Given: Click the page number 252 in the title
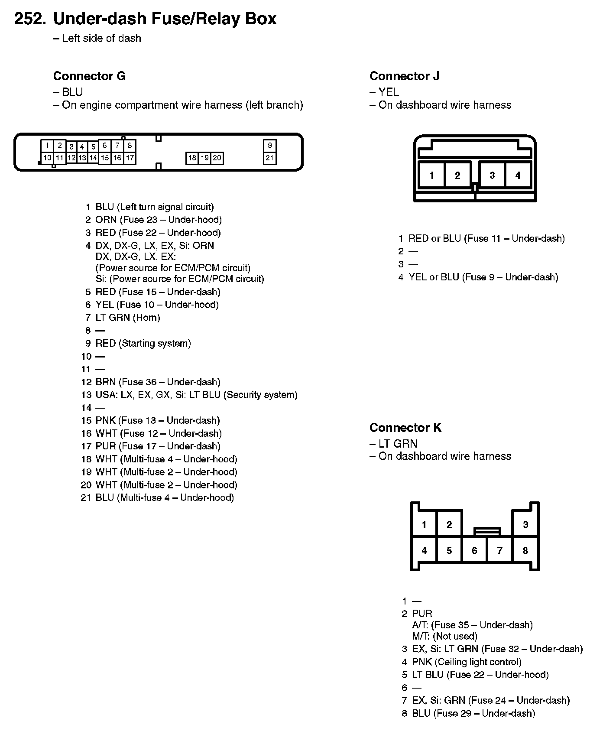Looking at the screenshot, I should (x=30, y=19).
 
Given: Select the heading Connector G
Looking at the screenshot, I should (x=89, y=76).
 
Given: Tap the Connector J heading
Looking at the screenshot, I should (x=404, y=76).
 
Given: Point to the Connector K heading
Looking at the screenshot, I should (x=405, y=428).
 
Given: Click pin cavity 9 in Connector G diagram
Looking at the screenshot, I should (x=270, y=146).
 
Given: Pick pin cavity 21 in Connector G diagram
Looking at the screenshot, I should (x=270, y=158).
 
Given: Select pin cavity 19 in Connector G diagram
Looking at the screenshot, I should (x=205, y=158).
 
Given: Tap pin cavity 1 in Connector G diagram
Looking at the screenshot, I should (x=47, y=145).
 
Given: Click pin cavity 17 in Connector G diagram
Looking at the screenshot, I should (x=130, y=158).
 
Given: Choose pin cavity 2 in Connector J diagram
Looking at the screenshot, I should (x=457, y=175).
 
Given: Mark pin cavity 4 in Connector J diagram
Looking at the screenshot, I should (x=518, y=175).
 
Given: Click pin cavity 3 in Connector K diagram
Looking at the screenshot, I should (x=525, y=525).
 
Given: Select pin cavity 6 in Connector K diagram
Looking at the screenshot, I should (x=474, y=551).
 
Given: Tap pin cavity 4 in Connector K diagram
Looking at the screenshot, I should (x=424, y=551).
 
